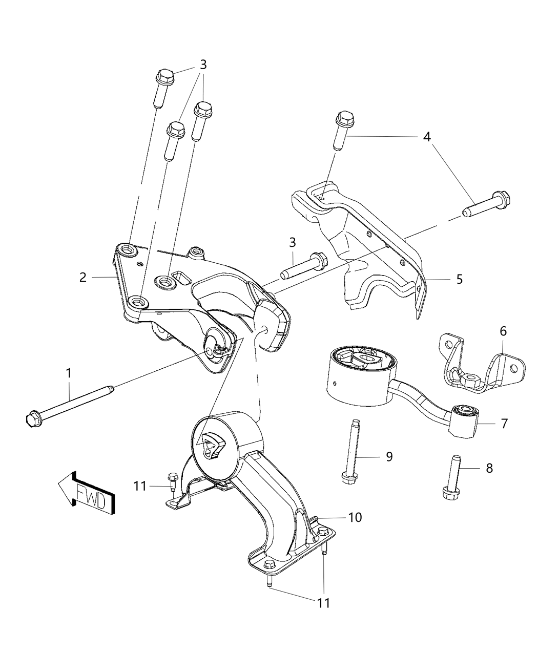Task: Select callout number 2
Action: [83, 278]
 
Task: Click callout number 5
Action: [459, 279]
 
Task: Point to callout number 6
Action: [503, 331]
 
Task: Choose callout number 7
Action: [504, 424]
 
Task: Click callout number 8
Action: [489, 468]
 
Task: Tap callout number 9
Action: [389, 456]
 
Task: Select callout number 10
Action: [355, 517]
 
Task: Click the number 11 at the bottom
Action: [323, 603]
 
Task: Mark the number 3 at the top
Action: [203, 65]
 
